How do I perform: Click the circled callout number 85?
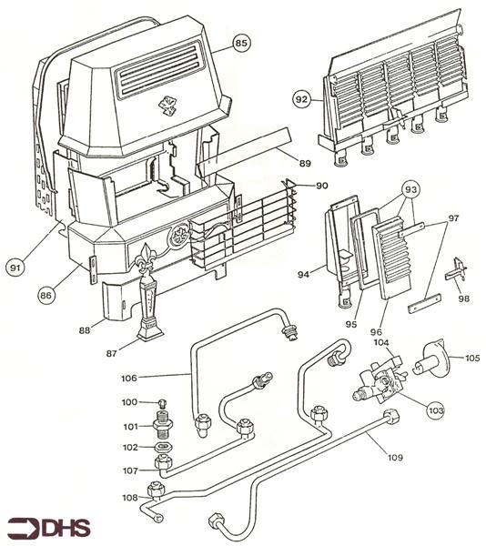pos(241,43)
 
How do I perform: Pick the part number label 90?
pos(321,186)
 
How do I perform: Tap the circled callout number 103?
pos(435,411)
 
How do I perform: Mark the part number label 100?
pos(129,401)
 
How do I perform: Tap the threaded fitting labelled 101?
pos(165,425)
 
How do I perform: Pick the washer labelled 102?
pos(165,447)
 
